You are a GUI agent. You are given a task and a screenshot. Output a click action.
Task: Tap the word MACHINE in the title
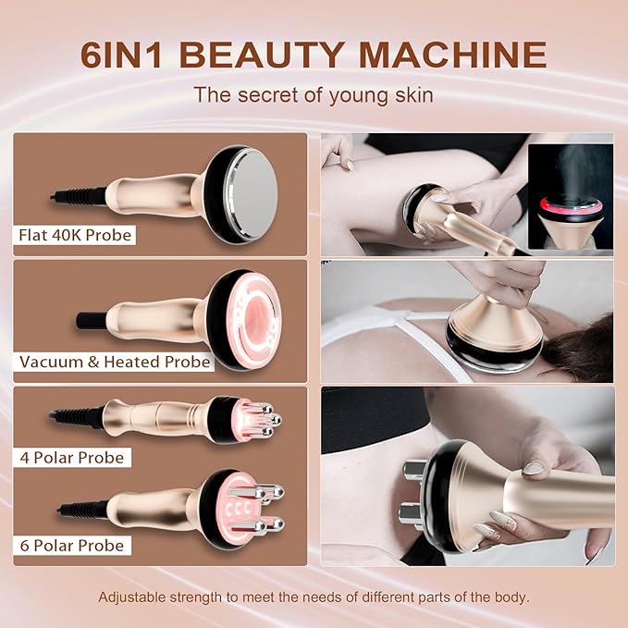tap(452, 53)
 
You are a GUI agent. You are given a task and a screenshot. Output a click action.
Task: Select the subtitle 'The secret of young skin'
tap(313, 94)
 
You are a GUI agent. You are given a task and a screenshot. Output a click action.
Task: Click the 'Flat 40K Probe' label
tap(76, 235)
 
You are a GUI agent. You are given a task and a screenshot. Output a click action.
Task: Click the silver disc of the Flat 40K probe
tap(243, 193)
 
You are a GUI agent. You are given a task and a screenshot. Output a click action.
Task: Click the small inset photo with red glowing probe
tap(570, 196)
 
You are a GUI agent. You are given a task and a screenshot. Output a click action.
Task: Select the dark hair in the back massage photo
tap(583, 347)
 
